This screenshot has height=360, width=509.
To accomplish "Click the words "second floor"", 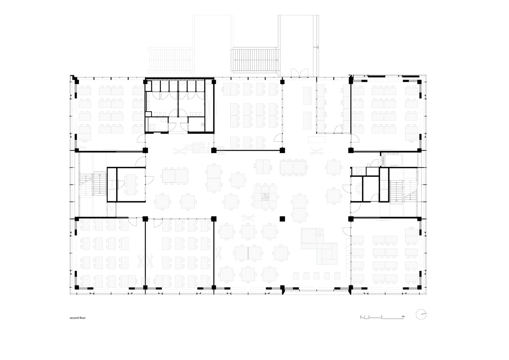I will tap(78, 318).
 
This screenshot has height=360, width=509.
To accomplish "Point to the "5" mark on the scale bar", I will tap(382, 316).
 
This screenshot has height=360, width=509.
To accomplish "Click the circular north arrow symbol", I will tap(421, 314).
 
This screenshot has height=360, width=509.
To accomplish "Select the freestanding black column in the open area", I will tap(282, 219).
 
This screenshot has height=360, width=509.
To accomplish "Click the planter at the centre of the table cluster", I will tap(265, 197).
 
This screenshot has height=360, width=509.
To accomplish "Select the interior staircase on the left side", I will tap(98, 184).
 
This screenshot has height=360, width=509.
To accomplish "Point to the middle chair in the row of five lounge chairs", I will tap(316, 275).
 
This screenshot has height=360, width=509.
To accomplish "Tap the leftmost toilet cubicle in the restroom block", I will tap(149, 85).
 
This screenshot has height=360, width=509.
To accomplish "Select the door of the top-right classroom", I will tap(355, 139).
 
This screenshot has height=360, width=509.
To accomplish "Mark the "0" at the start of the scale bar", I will tap(361, 316).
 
